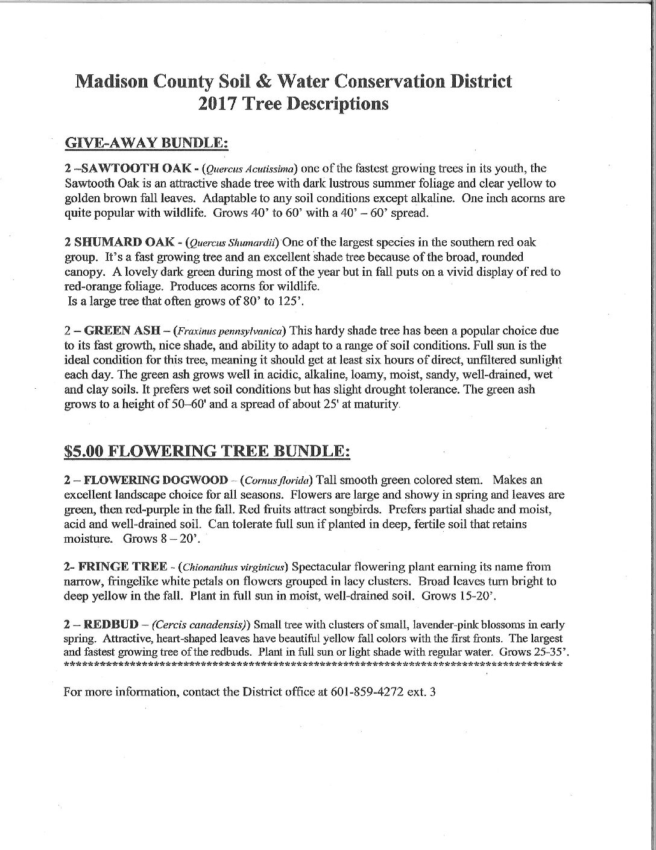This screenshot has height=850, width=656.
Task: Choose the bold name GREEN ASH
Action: tap(121, 331)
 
